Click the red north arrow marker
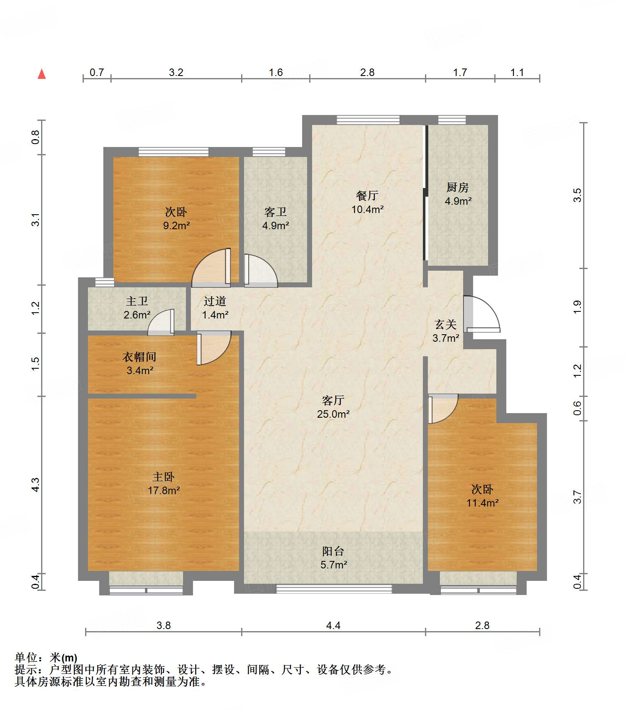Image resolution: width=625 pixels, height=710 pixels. tap(42, 74)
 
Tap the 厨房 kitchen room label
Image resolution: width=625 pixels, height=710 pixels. tap(458, 188)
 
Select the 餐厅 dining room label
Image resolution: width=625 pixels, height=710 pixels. tap(367, 196)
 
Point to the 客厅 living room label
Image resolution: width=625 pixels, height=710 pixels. tap(333, 400)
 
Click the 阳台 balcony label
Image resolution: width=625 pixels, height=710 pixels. tap(333, 551)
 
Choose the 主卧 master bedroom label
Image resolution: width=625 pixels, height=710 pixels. tap(164, 477)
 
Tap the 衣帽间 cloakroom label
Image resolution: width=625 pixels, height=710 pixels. tap(139, 357)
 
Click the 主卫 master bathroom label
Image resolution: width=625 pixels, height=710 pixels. tap(137, 301)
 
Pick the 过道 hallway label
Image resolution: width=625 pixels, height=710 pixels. tap(215, 301)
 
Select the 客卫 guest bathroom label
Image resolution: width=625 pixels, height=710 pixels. tap(276, 212)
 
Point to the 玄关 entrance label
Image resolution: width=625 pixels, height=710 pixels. tap(446, 324)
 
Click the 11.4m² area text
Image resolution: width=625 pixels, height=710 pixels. tap(482, 503)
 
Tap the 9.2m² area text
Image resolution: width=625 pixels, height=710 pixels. tap(176, 225)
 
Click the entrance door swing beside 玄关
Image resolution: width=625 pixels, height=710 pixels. tap(481, 314)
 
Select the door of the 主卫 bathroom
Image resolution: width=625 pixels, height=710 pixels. tap(161, 322)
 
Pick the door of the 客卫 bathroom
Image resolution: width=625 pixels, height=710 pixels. tap(261, 270)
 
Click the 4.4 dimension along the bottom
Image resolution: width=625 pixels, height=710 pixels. tap(333, 625)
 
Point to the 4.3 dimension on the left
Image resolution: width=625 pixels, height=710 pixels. tap(36, 485)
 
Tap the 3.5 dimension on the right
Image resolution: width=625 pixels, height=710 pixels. tap(577, 195)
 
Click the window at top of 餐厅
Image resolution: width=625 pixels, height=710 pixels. tap(368, 120)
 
